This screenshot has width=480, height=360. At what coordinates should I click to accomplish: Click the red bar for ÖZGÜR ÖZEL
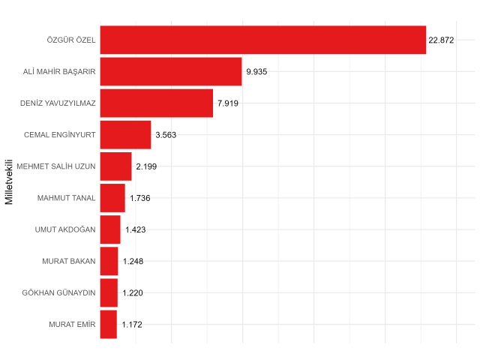[x=262, y=40]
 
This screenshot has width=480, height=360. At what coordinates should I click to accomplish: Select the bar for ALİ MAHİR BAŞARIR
[x=171, y=71]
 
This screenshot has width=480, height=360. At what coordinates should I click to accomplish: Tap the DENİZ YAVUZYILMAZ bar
[x=157, y=103]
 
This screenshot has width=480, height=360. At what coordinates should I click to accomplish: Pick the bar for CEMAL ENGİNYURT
[x=125, y=135]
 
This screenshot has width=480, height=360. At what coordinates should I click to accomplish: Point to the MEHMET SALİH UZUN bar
[x=115, y=166]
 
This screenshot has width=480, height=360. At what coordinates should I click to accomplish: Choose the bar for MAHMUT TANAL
[x=112, y=198]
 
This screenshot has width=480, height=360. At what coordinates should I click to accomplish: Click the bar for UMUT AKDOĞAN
[x=110, y=229]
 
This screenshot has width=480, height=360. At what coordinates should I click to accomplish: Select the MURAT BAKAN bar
[x=109, y=261]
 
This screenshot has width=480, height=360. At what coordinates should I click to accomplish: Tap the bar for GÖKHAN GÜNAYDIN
[x=109, y=292]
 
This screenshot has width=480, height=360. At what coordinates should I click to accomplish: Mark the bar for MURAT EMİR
[x=108, y=324]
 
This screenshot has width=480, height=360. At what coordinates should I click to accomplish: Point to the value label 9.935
[x=256, y=71]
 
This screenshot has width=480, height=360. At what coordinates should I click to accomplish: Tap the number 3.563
[x=165, y=135]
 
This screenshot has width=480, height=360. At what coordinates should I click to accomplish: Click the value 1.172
[x=131, y=325]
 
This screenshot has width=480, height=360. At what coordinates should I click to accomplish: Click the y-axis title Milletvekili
[x=9, y=182]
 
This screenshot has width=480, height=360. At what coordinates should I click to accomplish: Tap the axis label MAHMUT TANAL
[x=66, y=198]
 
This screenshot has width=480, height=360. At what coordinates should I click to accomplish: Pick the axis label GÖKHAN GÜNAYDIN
[x=58, y=292]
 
